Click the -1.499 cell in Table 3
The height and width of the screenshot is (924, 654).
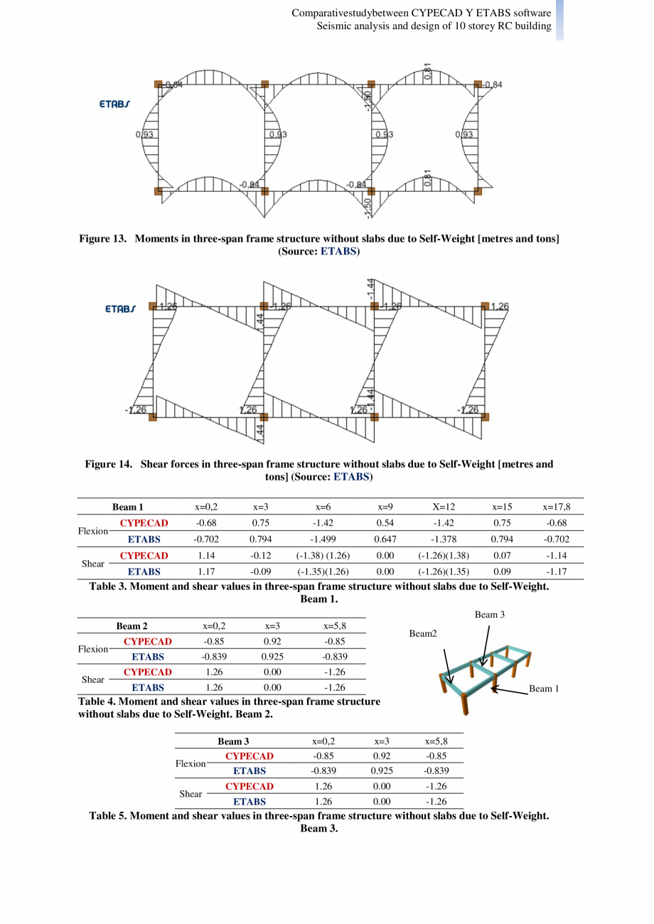point(323,539)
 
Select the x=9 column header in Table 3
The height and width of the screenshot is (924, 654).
point(385,507)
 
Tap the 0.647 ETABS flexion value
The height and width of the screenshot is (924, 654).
point(385,539)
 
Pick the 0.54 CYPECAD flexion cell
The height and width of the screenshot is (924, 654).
point(385,524)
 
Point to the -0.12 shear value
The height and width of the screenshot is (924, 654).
point(259,556)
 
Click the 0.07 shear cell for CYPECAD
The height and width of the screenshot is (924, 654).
point(502,556)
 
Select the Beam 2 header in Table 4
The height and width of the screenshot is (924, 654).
point(132,626)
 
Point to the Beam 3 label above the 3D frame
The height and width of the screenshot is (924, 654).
point(489,613)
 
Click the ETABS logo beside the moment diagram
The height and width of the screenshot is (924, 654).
point(114,104)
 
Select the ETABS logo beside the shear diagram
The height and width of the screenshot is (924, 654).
point(119,310)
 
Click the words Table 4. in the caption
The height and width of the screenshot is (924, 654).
point(96,702)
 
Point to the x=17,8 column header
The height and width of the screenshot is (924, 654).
point(557,507)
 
